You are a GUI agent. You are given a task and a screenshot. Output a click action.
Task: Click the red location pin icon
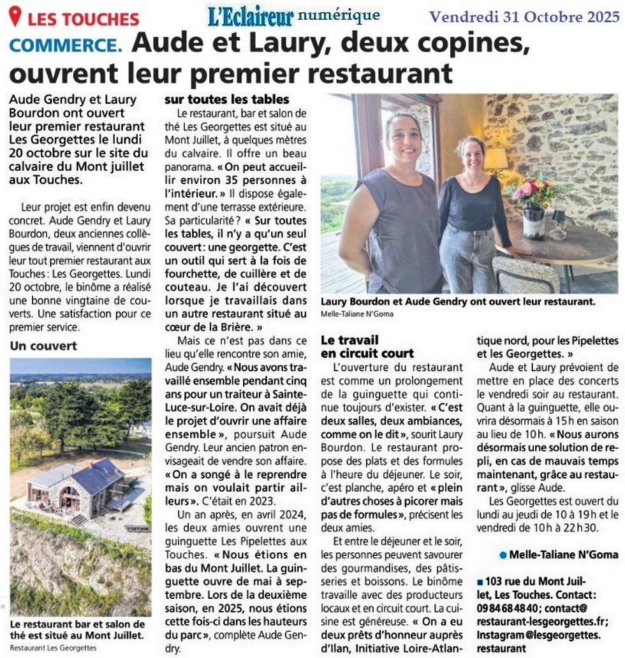point(15,16)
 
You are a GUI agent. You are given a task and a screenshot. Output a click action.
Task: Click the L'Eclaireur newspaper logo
point(251,16)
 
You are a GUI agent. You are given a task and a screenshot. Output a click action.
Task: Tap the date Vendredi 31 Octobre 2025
point(524,16)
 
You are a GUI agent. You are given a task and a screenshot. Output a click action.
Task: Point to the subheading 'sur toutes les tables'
point(227,99)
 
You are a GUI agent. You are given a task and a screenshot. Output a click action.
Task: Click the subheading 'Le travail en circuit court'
point(367,346)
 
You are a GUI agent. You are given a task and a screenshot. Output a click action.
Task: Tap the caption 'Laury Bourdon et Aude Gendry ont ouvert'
point(458,302)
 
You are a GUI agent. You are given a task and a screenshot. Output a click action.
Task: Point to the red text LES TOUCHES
point(83,18)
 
